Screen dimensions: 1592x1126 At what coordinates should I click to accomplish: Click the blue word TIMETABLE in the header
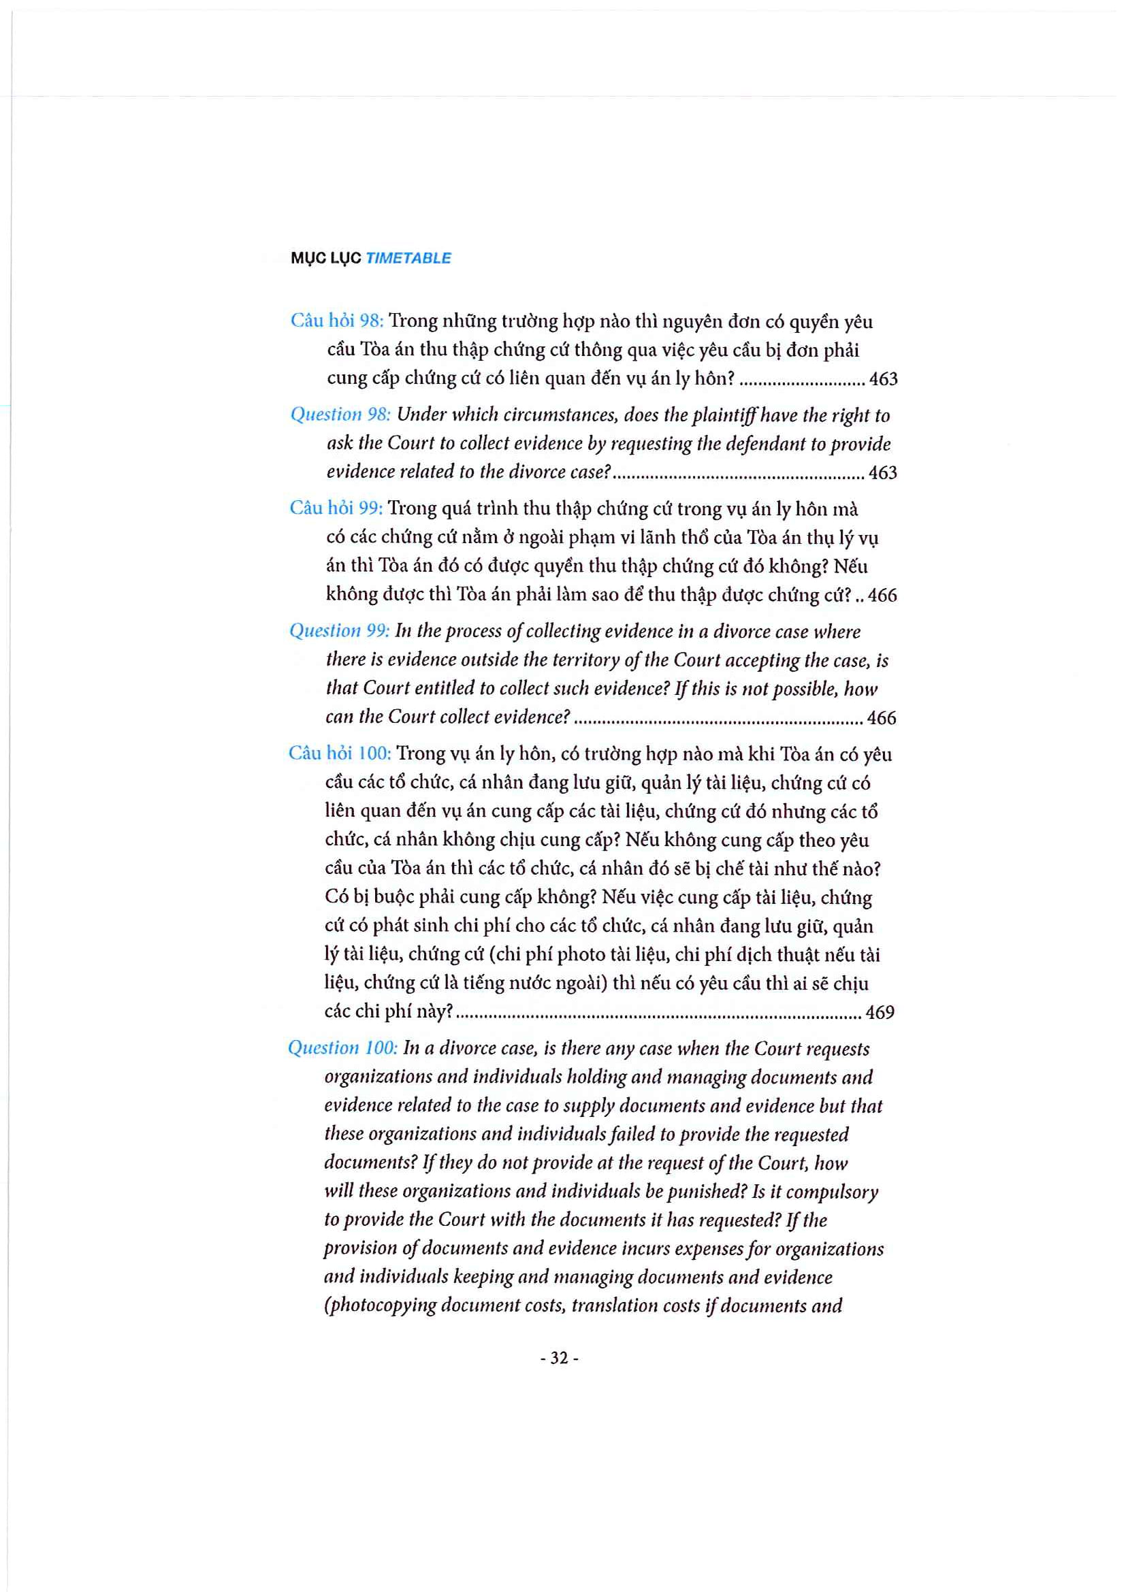click(x=408, y=258)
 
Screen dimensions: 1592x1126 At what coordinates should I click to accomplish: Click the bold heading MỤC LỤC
click(x=326, y=258)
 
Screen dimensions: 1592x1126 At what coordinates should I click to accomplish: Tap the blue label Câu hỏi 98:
click(x=337, y=321)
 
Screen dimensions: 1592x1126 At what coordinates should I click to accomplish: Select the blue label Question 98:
click(x=340, y=414)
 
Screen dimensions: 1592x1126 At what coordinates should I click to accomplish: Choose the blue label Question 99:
click(x=340, y=630)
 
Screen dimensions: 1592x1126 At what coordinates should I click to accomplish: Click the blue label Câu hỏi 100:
click(x=340, y=753)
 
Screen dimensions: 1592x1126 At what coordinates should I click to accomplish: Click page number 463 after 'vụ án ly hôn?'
click(x=883, y=378)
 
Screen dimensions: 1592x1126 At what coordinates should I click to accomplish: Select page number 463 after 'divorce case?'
click(x=883, y=473)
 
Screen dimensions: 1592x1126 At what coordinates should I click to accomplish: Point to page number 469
click(x=880, y=1012)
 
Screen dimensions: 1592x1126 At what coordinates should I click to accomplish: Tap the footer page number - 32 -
click(x=559, y=1359)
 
